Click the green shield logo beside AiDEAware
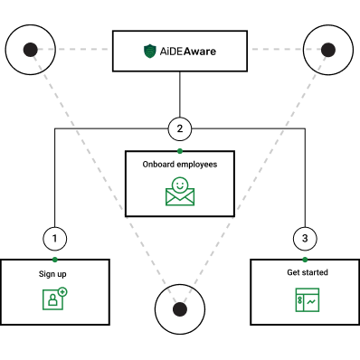[150, 52]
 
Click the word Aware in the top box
[200, 52]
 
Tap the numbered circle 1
[55, 239]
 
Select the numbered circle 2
[180, 129]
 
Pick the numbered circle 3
[305, 239]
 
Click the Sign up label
[52, 274]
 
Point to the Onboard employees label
[180, 165]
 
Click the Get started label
[308, 272]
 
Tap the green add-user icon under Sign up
[54, 298]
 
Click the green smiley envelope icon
[180, 192]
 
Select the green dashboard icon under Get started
[308, 299]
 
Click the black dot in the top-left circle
[31, 50]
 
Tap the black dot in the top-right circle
[328, 50]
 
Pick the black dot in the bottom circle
[180, 309]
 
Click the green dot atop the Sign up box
[55, 260]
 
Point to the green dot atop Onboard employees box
[180, 151]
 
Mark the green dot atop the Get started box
[305, 260]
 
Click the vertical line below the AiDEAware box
[180, 94]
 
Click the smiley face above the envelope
[180, 185]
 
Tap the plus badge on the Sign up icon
[62, 292]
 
